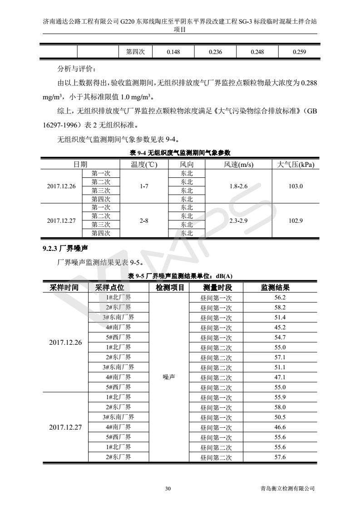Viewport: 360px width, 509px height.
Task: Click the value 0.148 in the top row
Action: tap(173, 52)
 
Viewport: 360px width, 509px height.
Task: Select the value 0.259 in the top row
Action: tap(299, 52)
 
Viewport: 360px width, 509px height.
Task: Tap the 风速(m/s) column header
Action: tap(238, 165)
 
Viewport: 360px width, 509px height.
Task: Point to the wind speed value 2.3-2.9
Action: tap(238, 220)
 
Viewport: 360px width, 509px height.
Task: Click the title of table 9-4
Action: tap(180, 153)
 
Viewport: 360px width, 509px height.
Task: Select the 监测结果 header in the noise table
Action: tap(275, 288)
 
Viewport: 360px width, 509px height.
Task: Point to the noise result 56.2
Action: tap(280, 298)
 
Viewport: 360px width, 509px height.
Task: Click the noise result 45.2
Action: tap(280, 328)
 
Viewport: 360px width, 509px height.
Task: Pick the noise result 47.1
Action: tap(280, 377)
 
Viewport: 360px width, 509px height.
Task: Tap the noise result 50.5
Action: tap(280, 417)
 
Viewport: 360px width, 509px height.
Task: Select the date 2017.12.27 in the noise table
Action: tap(65, 427)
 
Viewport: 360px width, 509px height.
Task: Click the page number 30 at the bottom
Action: tap(168, 489)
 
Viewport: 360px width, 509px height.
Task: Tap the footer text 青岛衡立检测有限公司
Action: tap(284, 489)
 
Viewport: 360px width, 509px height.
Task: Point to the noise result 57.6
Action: tap(280, 457)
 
